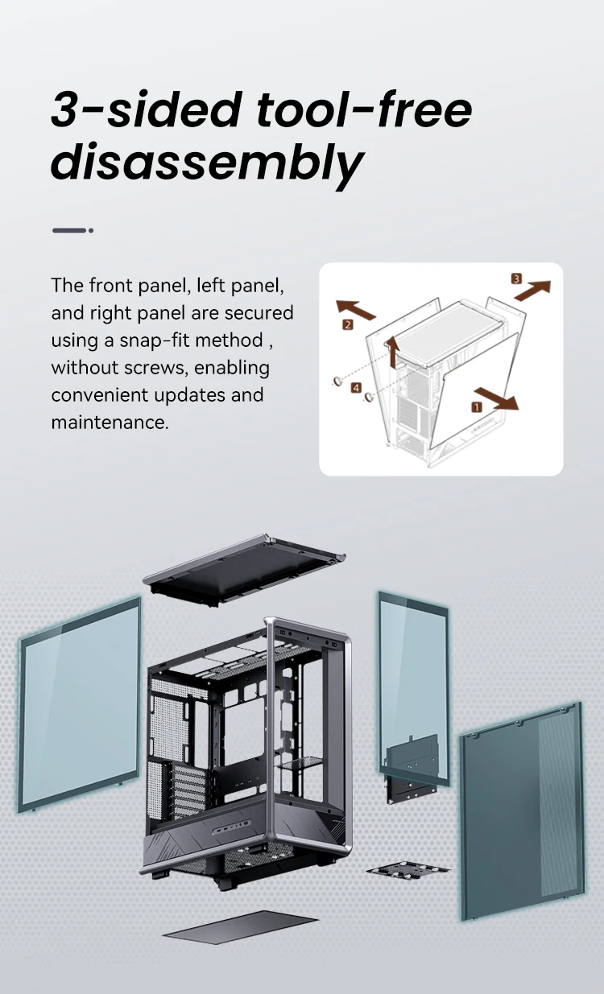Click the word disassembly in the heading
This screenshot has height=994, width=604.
coord(207,162)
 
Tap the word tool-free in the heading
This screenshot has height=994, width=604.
coord(364,109)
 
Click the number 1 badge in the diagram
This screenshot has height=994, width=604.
coord(476,407)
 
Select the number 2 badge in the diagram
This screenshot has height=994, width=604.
coord(348,324)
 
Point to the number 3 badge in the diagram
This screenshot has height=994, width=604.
coord(516,278)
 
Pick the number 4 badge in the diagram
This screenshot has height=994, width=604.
coord(356,387)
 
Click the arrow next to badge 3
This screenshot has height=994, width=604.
coord(532,290)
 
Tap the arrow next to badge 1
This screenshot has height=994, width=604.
coord(496,398)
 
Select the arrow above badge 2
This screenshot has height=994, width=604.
coord(355,309)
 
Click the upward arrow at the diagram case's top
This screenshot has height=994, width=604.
coord(393,352)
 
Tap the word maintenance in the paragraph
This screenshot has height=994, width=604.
coord(110,422)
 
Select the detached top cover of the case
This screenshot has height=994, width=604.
coord(243,569)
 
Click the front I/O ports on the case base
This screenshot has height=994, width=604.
coord(231,828)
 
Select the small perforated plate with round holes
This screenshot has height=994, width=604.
coord(407,870)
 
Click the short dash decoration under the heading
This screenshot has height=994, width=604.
coord(72,230)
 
